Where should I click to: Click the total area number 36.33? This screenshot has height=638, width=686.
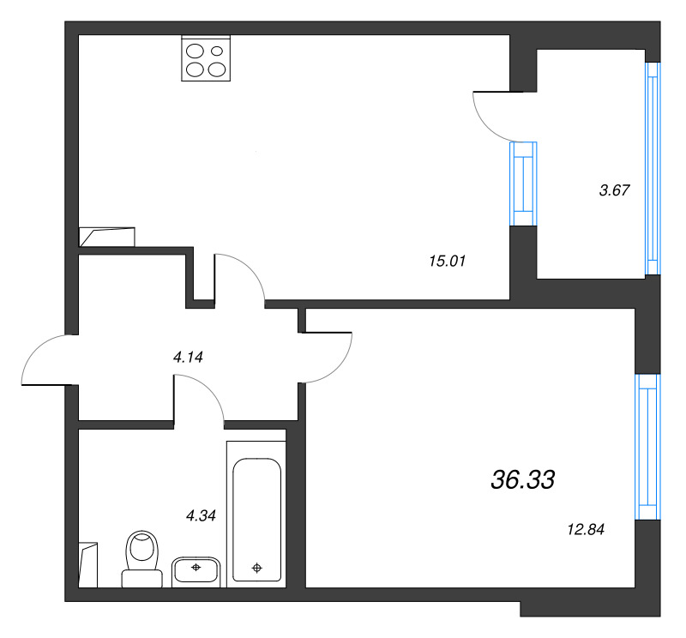pyautogui.click(x=523, y=479)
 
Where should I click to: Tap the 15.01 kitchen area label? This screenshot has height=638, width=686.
pyautogui.click(x=447, y=262)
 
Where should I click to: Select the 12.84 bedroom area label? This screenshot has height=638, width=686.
pyautogui.click(x=586, y=529)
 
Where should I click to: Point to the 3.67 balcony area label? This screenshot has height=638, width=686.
pyautogui.click(x=614, y=190)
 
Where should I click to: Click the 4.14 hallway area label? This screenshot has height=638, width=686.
pyautogui.click(x=188, y=358)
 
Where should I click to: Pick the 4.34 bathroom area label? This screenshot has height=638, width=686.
pyautogui.click(x=201, y=515)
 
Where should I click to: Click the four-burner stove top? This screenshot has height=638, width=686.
pyautogui.click(x=206, y=58)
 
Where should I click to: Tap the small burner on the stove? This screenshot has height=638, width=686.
pyautogui.click(x=217, y=51)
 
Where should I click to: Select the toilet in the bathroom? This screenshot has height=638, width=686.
pyautogui.click(x=141, y=558)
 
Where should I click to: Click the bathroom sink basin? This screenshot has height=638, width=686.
pyautogui.click(x=196, y=571)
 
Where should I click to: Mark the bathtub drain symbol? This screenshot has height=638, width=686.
pyautogui.click(x=256, y=568)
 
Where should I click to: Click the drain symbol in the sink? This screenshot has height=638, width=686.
pyautogui.click(x=196, y=567)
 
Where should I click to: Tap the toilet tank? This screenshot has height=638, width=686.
pyautogui.click(x=141, y=579)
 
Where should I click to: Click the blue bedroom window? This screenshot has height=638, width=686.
pyautogui.click(x=647, y=447)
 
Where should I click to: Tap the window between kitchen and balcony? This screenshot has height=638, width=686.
pyautogui.click(x=523, y=184)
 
